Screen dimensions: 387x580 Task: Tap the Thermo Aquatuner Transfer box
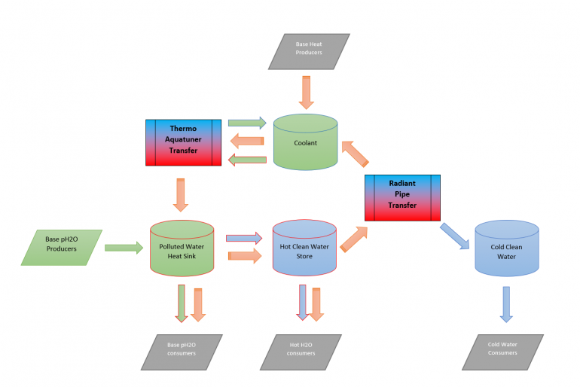pyautogui.click(x=183, y=142)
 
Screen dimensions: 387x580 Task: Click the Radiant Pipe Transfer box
pyautogui.click(x=402, y=197)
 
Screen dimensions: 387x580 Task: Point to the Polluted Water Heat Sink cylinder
pyautogui.click(x=182, y=246)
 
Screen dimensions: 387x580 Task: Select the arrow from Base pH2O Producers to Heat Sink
pyautogui.click(x=124, y=246)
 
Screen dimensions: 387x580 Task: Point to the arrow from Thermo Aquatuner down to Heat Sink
pyautogui.click(x=181, y=194)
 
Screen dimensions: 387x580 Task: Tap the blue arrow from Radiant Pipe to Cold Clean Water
pyautogui.click(x=455, y=236)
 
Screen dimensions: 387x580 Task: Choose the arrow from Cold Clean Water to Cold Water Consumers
pyautogui.click(x=506, y=304)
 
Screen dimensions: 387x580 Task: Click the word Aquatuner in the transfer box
pyautogui.click(x=183, y=141)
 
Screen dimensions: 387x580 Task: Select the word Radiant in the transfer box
pyautogui.click(x=402, y=184)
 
